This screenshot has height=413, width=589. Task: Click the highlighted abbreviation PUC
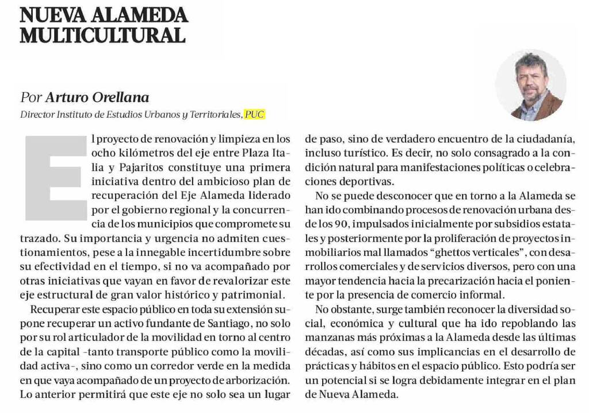tap(255, 114)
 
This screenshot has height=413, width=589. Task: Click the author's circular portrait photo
tap(530, 85)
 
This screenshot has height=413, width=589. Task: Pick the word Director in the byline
tap(37, 114)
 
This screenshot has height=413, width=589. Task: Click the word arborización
tap(254, 380)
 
